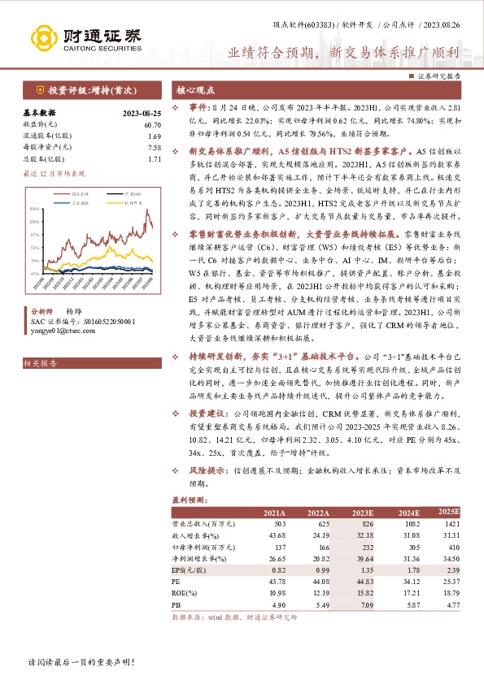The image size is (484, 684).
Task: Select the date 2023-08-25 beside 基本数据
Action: click(142, 113)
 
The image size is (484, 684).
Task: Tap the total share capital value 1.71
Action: click(155, 159)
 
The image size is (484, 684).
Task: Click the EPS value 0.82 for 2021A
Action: click(277, 572)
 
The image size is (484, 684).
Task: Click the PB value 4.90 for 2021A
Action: click(277, 606)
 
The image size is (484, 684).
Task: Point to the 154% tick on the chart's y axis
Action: click(34, 209)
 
